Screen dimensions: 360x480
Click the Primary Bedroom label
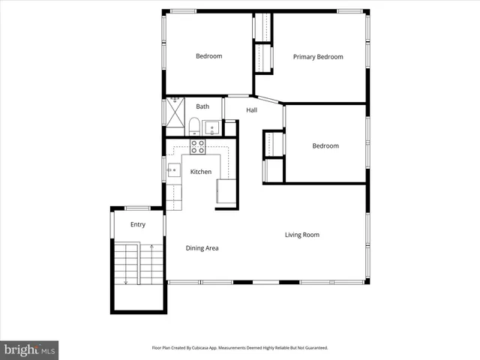[x=318, y=57]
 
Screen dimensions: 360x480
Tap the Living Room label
[x=301, y=235]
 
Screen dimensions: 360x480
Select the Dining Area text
[x=202, y=248]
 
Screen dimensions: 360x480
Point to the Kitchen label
[x=200, y=172]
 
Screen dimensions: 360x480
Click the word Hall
[x=251, y=110]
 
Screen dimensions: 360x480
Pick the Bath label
[x=202, y=106]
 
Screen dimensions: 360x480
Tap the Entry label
[x=138, y=224]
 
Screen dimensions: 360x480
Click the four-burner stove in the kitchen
[x=198, y=146]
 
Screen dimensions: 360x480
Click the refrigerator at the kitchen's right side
[x=226, y=193]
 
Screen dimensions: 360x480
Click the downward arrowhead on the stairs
[x=126, y=281]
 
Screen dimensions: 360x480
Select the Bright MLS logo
[x=29, y=349]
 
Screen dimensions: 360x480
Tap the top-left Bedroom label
[x=208, y=56]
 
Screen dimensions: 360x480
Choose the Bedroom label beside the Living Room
[x=325, y=146]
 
